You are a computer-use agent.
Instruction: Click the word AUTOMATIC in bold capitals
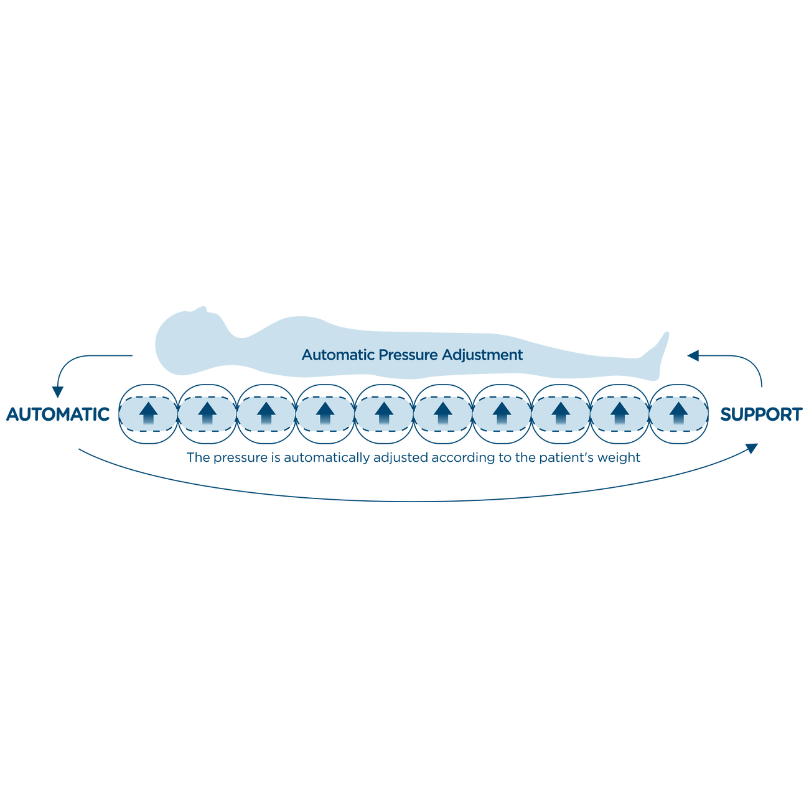click(58, 414)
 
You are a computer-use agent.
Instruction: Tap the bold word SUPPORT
click(761, 414)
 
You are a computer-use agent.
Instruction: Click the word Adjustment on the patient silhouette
click(482, 355)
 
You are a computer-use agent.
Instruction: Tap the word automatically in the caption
click(326, 457)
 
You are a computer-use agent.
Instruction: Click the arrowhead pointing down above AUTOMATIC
click(57, 392)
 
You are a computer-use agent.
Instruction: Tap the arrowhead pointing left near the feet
click(693, 355)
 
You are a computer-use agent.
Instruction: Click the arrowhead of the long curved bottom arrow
click(752, 448)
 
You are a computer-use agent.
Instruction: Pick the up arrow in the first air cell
click(149, 413)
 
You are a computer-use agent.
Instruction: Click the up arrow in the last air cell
click(679, 413)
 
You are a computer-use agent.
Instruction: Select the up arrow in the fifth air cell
click(384, 413)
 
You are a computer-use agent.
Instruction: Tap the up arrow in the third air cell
click(266, 413)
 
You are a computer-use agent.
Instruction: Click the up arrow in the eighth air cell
click(561, 413)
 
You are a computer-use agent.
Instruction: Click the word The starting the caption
click(198, 457)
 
